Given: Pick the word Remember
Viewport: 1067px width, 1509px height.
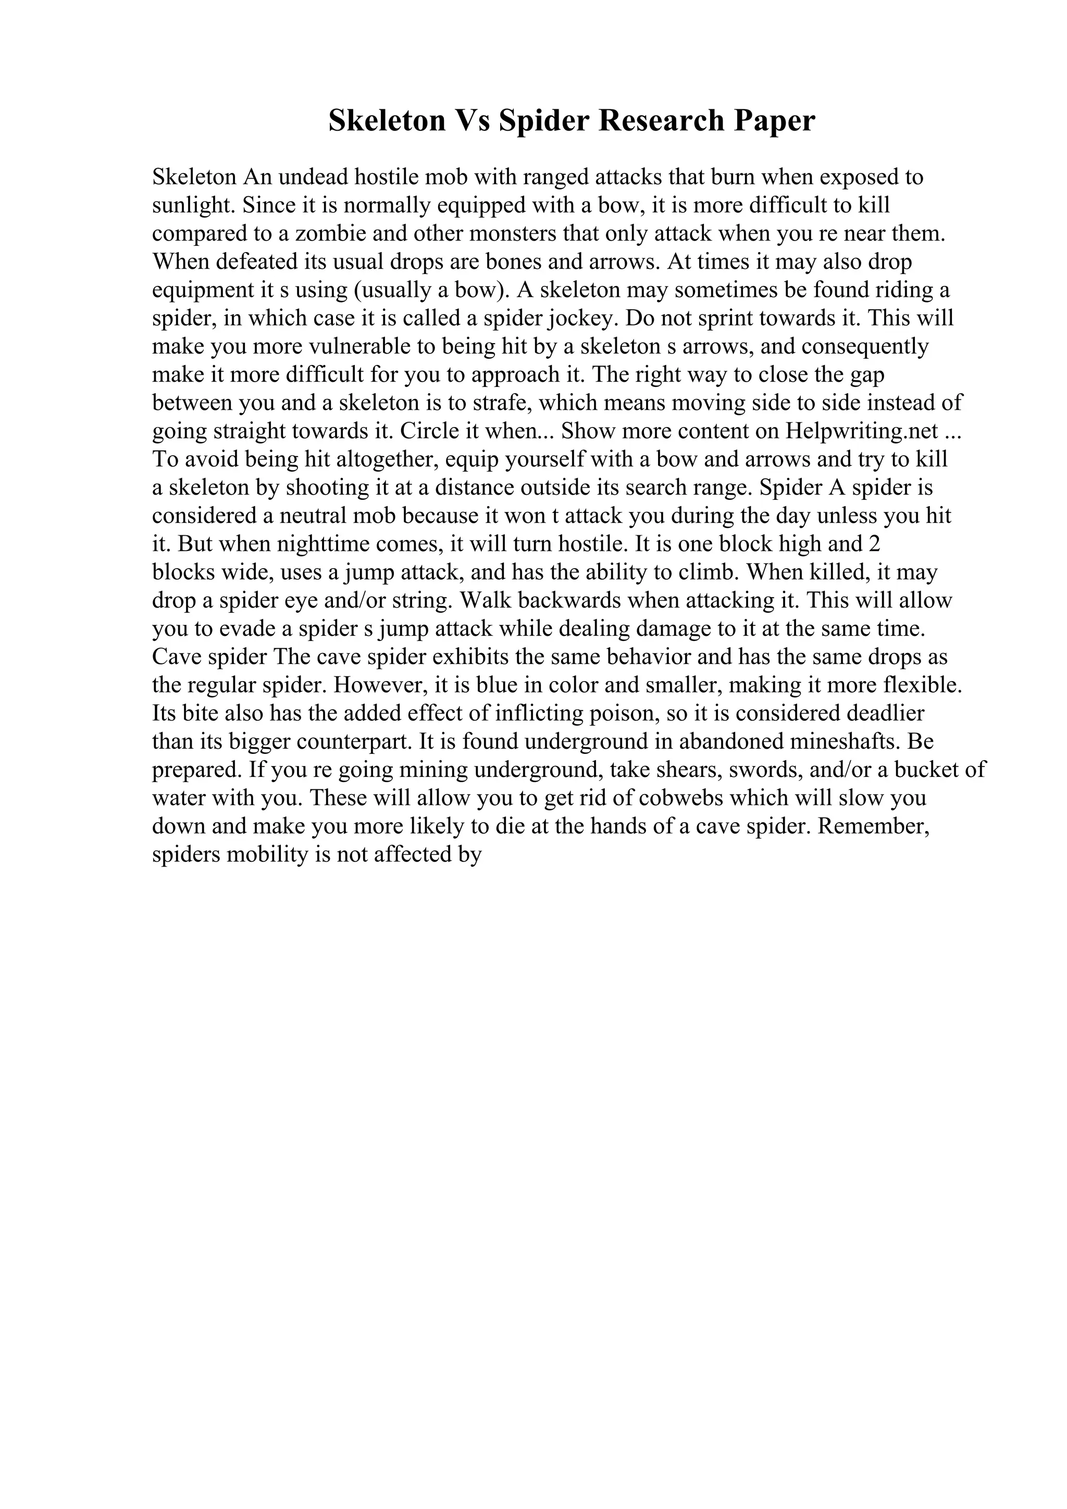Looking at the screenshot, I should coord(872,826).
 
